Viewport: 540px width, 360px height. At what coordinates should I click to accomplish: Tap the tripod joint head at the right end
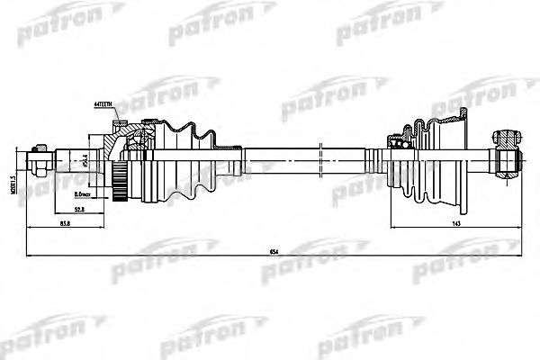pyautogui.click(x=509, y=159)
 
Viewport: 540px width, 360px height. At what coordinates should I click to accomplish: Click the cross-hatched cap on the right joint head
pyautogui.click(x=508, y=138)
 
